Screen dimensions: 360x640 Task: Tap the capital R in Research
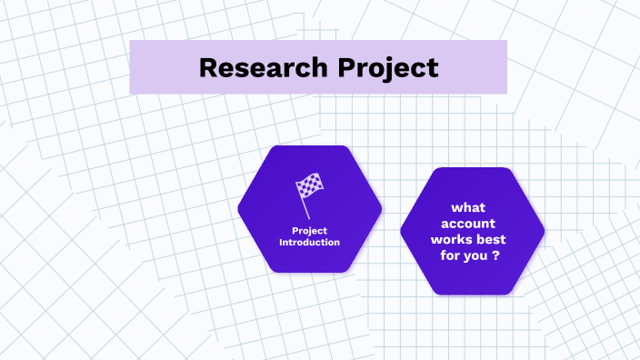click(x=207, y=67)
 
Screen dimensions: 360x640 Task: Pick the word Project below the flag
click(x=309, y=231)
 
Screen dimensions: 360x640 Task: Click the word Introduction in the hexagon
click(x=309, y=243)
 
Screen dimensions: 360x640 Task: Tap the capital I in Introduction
click(x=281, y=243)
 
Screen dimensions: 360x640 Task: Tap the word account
click(x=472, y=224)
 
